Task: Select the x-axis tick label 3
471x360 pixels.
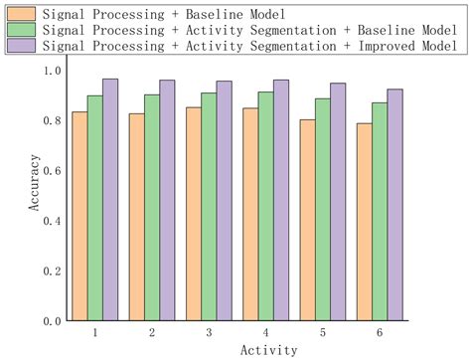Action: (208, 331)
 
